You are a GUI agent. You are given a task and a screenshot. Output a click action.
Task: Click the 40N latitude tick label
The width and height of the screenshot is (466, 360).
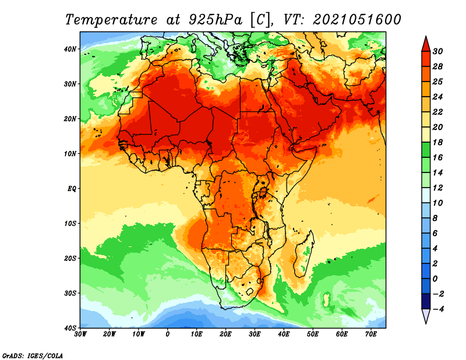[x=69, y=49]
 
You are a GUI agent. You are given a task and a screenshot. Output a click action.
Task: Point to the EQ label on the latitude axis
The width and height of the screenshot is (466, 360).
[x=72, y=189]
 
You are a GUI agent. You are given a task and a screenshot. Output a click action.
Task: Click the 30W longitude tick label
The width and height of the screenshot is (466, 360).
[x=80, y=334]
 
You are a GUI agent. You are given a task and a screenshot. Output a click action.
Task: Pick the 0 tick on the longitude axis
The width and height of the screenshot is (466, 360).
[x=168, y=334]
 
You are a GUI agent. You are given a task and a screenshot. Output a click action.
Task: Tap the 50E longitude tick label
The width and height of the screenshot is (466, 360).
[x=313, y=334]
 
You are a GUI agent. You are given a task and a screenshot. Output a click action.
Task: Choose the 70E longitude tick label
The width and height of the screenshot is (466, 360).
[x=371, y=334]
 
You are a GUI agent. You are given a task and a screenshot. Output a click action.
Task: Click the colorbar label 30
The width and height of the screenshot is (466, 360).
[x=437, y=51]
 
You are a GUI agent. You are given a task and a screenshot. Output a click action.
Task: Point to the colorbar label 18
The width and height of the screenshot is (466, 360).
[x=437, y=142]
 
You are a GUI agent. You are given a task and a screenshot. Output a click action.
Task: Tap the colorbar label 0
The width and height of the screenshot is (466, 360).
[x=435, y=279]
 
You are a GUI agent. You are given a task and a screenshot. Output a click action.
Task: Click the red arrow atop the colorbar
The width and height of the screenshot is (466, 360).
[x=426, y=45]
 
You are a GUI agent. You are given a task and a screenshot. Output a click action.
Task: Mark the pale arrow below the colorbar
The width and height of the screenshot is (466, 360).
[x=426, y=316]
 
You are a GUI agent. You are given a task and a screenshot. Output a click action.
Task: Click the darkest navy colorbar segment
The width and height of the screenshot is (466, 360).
[x=426, y=301]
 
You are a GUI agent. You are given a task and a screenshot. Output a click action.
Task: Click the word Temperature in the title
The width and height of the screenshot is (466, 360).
[x=111, y=20]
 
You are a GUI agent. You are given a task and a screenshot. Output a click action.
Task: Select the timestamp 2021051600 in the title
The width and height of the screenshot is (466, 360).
[x=357, y=20]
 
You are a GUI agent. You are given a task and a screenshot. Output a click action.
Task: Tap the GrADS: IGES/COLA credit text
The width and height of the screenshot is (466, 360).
[x=33, y=356]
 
